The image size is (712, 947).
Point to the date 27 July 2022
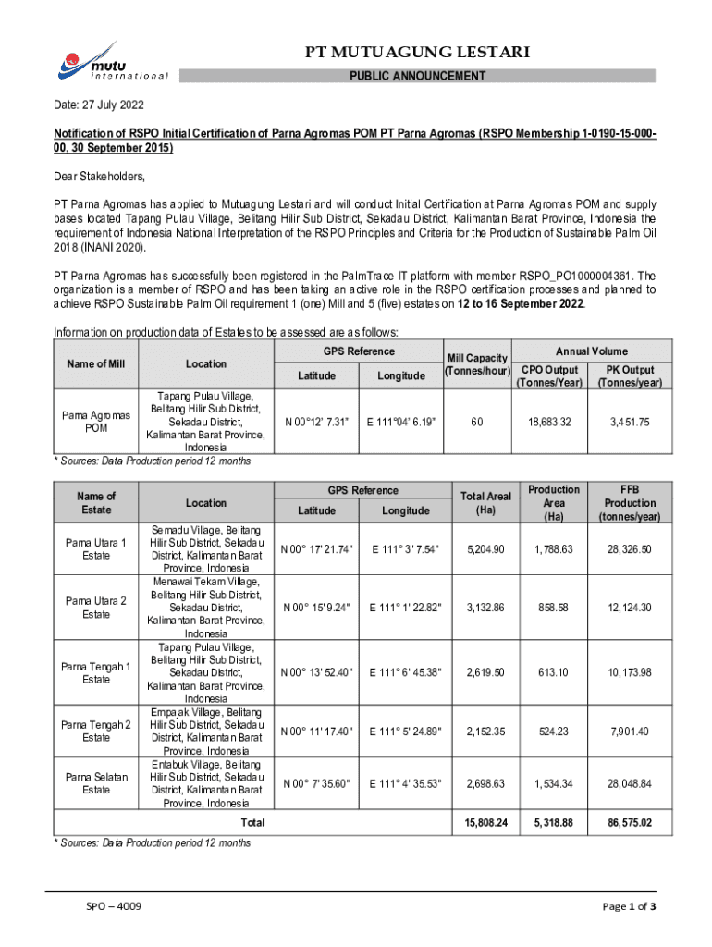click(98, 106)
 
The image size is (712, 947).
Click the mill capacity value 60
click(476, 422)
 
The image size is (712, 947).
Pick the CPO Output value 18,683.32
click(550, 422)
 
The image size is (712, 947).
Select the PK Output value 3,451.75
click(630, 422)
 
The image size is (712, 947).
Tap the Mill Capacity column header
click(476, 364)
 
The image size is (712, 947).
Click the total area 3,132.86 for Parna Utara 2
click(485, 608)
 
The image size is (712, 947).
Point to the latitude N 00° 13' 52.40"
click(318, 672)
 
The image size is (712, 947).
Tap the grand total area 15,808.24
click(485, 821)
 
